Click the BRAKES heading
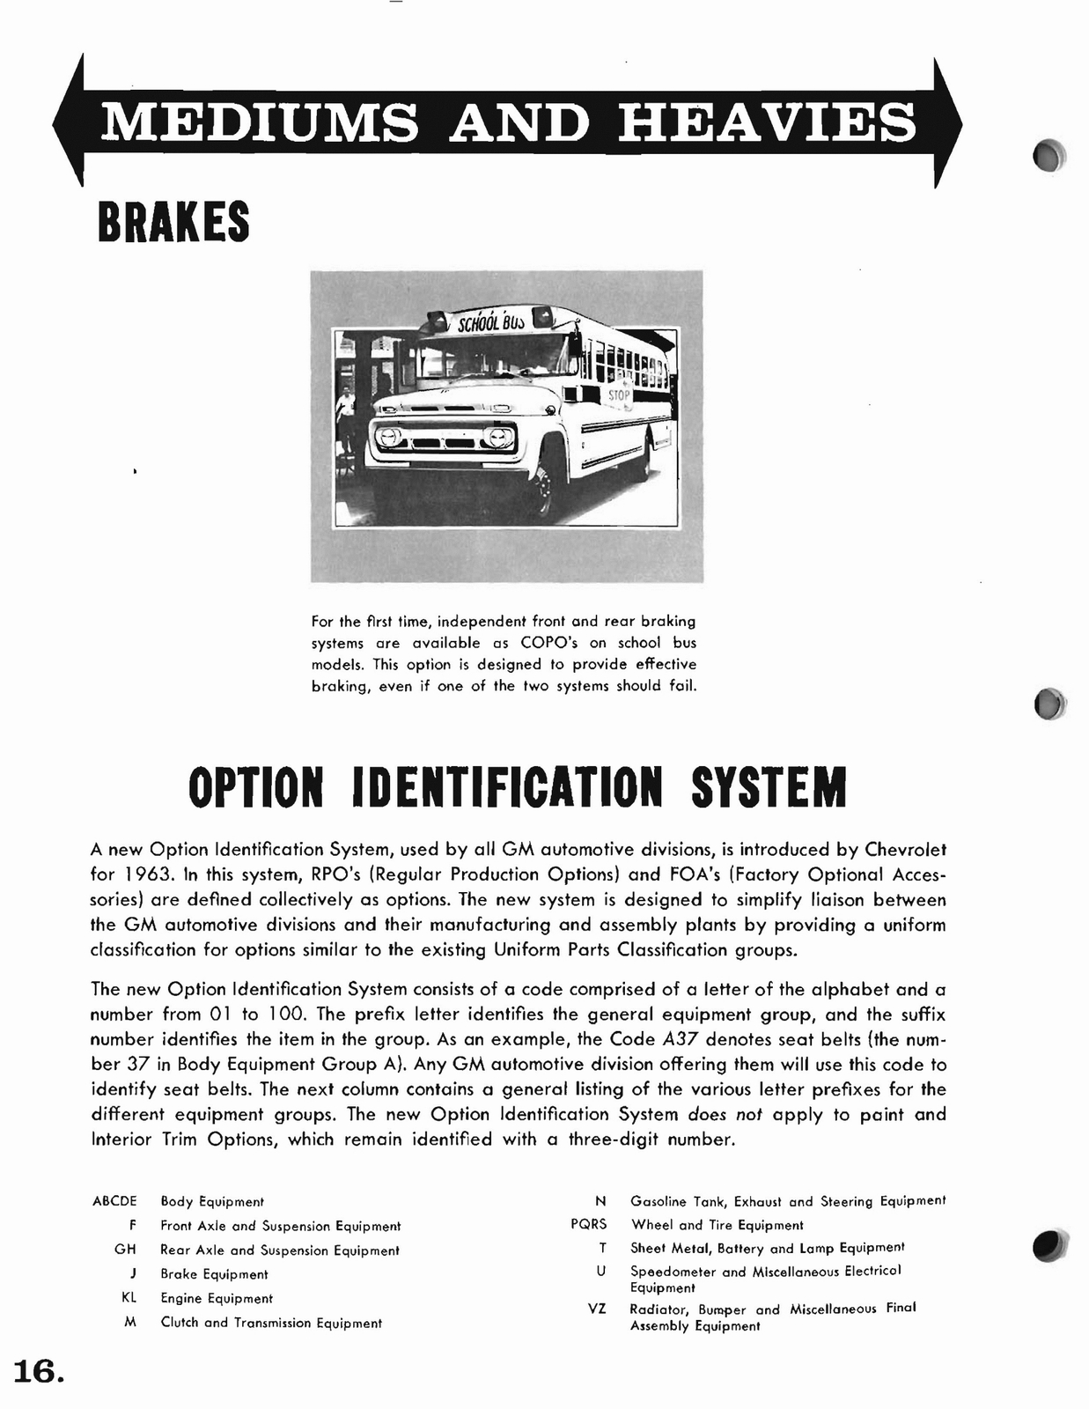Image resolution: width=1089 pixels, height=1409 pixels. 173,222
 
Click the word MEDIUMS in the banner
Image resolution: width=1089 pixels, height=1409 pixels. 259,122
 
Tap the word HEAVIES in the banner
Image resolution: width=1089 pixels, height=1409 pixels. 767,122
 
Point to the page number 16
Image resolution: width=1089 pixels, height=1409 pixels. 37,1371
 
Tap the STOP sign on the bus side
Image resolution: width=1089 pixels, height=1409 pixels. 619,395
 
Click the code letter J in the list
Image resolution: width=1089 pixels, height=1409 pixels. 132,1274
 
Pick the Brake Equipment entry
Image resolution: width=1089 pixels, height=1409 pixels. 214,1274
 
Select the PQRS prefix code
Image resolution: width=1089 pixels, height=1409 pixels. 588,1225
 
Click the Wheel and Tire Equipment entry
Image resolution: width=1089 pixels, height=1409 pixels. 717,1225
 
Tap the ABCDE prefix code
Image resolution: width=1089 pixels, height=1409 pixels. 114,1201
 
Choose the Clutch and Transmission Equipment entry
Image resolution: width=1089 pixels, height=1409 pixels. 270,1323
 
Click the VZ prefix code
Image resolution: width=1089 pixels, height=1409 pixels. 596,1309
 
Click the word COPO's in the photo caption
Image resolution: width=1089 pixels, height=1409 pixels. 550,643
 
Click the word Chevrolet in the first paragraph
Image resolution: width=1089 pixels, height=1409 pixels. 905,850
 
